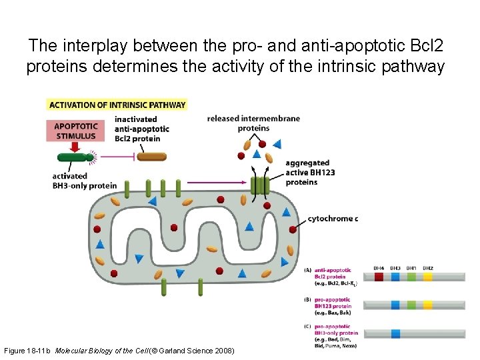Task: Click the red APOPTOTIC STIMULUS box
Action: click(75, 131)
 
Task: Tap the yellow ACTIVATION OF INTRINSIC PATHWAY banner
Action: click(117, 105)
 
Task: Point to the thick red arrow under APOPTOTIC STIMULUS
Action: click(75, 147)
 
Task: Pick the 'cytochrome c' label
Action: click(333, 219)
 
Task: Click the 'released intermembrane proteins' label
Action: click(253, 123)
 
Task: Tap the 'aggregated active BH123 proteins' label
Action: click(310, 173)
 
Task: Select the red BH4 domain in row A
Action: click(379, 276)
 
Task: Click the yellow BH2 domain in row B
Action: click(428, 305)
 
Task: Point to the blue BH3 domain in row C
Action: click(395, 333)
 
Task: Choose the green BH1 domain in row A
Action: click(412, 276)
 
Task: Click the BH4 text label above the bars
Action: click(379, 267)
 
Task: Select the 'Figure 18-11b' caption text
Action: click(27, 350)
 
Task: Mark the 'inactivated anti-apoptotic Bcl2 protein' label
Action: click(141, 129)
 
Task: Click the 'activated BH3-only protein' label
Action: click(84, 181)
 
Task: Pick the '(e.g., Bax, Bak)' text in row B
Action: click(332, 313)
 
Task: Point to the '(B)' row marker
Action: click(307, 300)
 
